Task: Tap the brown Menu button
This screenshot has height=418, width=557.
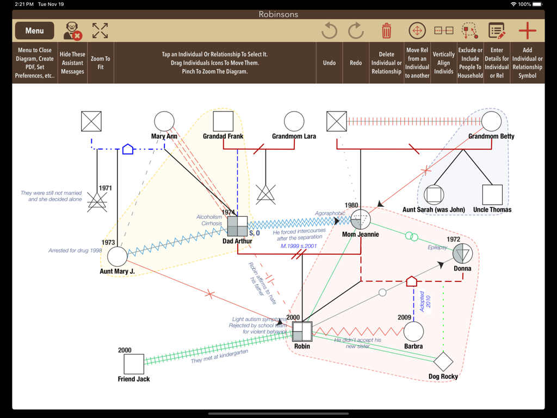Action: tap(34, 31)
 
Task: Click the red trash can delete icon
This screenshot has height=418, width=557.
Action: tap(386, 30)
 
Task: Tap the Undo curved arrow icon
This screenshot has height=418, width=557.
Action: tap(329, 30)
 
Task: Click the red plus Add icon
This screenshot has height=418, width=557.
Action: tap(527, 30)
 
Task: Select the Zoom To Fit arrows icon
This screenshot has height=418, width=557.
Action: tap(100, 30)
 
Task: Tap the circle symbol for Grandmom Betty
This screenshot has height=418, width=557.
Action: tap(491, 121)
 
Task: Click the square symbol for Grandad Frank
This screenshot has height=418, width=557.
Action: tap(223, 121)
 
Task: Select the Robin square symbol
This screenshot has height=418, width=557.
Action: tap(302, 331)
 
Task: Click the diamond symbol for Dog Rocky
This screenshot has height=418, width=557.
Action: tap(443, 361)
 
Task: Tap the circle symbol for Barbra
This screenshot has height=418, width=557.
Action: tap(413, 331)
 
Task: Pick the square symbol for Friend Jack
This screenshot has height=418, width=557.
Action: tap(134, 364)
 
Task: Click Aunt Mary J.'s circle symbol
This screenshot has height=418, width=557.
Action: tap(117, 256)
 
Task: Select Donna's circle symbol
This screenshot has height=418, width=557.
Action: tap(462, 253)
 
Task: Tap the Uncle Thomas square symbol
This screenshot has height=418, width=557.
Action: tap(492, 195)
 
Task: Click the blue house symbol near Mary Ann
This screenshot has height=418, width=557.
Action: tap(128, 149)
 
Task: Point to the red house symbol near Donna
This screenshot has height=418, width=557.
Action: tap(412, 281)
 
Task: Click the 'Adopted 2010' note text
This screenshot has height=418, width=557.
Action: tap(425, 303)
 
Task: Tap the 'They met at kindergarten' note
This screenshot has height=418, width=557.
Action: tap(219, 356)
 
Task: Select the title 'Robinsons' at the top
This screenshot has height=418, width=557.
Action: tap(278, 14)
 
